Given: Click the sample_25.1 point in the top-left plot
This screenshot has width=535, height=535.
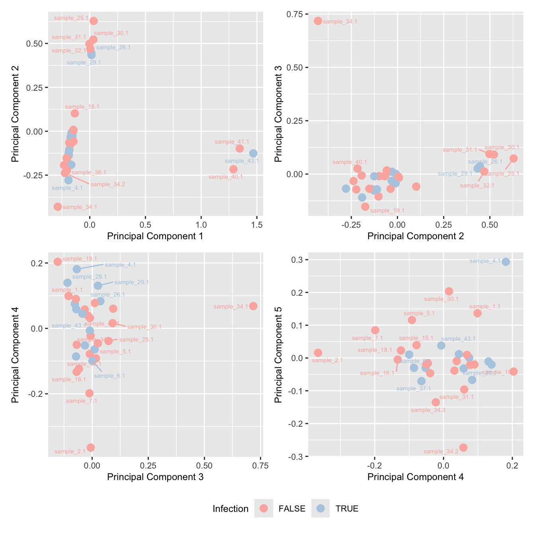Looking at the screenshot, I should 94,21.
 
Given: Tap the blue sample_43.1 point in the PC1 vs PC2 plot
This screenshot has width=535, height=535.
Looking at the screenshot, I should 253,154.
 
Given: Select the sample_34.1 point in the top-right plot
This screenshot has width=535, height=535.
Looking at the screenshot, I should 318,21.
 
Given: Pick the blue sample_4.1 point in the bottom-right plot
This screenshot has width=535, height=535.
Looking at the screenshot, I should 506,262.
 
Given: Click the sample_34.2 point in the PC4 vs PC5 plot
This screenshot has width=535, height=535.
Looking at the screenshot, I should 463,448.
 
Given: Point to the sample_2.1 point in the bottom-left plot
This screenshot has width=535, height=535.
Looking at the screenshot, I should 91,448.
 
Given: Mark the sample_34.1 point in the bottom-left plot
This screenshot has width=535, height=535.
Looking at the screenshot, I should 253,306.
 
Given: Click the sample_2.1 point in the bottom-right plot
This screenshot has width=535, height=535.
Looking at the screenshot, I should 318,353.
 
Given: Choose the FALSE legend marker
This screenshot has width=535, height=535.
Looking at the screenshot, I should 264,509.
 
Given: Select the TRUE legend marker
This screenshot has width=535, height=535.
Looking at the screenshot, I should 320,509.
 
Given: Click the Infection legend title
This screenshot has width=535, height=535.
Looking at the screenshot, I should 230,509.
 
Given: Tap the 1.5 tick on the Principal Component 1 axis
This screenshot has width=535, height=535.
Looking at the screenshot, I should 257,225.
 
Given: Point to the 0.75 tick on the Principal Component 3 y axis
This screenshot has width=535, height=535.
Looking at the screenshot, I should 295,14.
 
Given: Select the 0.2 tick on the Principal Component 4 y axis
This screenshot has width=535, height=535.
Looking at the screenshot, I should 37,263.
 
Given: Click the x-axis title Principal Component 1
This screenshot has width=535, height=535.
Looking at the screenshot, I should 155,236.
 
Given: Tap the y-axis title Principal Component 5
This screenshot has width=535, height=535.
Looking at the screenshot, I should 279,354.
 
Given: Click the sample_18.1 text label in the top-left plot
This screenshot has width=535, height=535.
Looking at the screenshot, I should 82,107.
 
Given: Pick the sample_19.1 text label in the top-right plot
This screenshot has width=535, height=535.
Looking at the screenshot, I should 387,211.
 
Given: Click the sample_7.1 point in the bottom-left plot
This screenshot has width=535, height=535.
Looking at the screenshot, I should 89,393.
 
